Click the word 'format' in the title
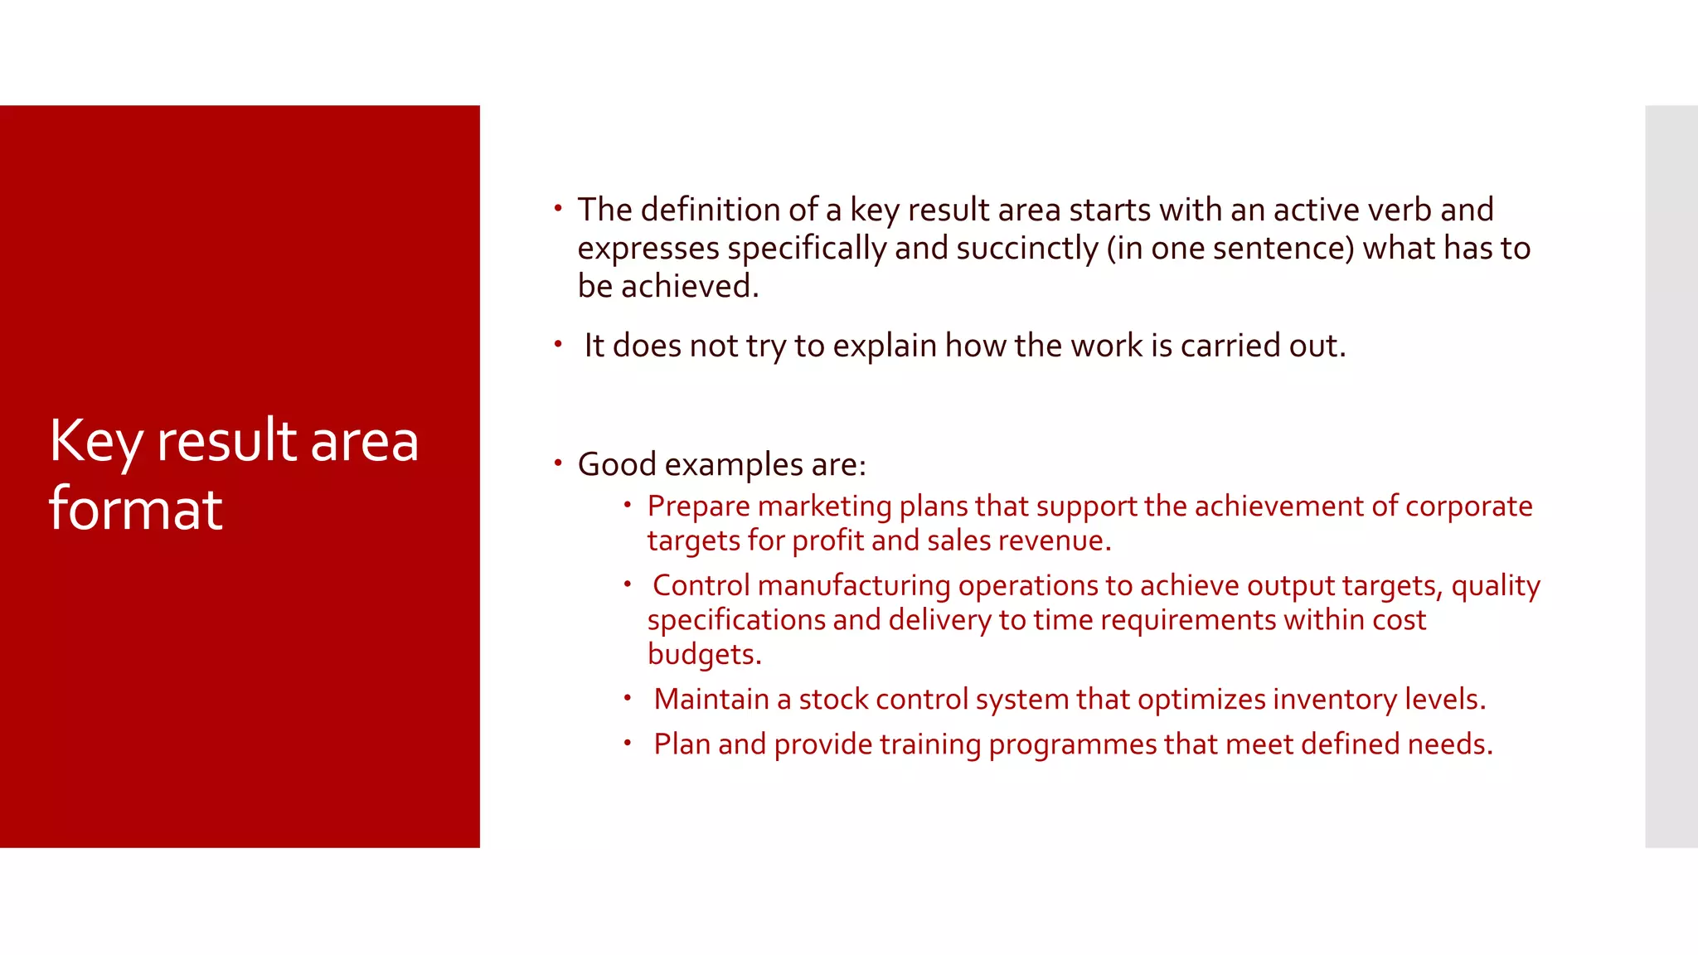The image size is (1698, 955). pyautogui.click(x=136, y=508)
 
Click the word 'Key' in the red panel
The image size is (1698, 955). pyautogui.click(x=96, y=441)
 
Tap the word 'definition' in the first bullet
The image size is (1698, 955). pyautogui.click(x=711, y=210)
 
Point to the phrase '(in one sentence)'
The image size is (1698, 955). pyautogui.click(x=1230, y=248)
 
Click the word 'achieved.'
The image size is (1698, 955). pyautogui.click(x=690, y=286)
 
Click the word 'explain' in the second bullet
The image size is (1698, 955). pyautogui.click(x=885, y=346)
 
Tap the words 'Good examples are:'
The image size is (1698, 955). pyautogui.click(x=721, y=464)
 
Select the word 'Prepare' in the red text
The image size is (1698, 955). pyautogui.click(x=698, y=506)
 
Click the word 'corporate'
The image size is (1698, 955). pyautogui.click(x=1468, y=506)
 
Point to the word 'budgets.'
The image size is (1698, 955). pyautogui.click(x=704, y=654)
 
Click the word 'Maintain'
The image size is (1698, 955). pyautogui.click(x=711, y=699)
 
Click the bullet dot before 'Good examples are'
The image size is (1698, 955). pyautogui.click(x=558, y=463)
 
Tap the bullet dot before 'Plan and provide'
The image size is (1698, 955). pyautogui.click(x=628, y=743)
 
